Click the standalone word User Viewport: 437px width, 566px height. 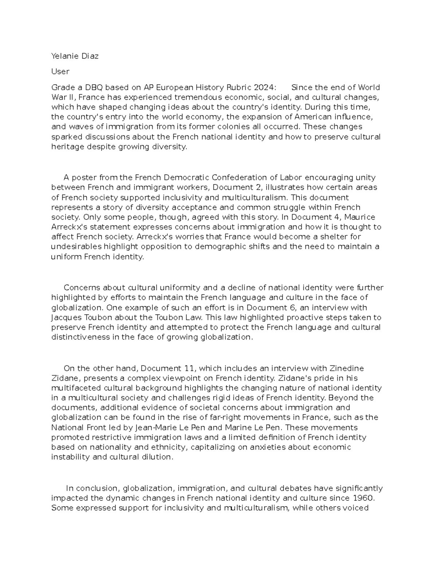(60, 71)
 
